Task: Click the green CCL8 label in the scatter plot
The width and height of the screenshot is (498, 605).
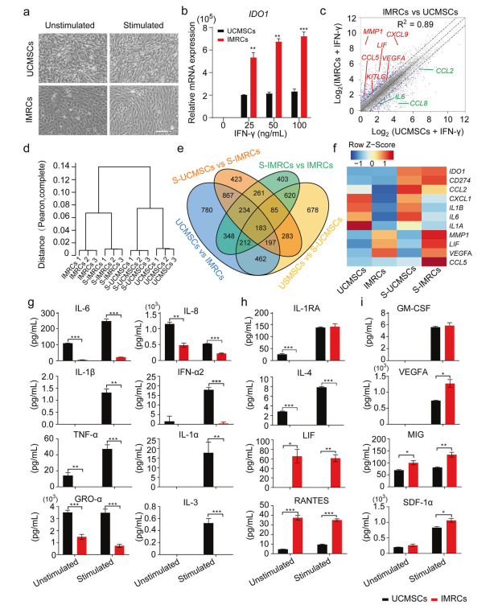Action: (x=418, y=103)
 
